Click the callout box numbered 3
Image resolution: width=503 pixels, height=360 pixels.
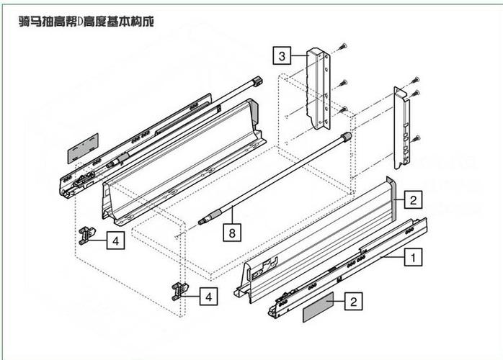click(282, 55)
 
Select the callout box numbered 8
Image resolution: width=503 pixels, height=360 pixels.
click(232, 232)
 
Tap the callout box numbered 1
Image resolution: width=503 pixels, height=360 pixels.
click(413, 257)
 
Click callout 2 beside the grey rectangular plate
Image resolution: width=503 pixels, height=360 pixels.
click(354, 301)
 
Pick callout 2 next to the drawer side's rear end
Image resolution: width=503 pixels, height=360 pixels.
click(413, 199)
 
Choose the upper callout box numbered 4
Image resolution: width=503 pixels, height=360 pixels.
click(116, 240)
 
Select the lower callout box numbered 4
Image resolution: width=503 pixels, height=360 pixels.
click(208, 296)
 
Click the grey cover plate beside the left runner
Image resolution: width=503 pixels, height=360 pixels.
click(83, 148)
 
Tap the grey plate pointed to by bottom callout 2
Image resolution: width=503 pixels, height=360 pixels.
click(319, 307)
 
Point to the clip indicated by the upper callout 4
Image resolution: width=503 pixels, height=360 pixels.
click(87, 235)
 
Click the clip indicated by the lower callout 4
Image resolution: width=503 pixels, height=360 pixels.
click(179, 291)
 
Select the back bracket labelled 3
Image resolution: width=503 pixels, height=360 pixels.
click(319, 89)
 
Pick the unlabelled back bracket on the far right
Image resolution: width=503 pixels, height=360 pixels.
click(401, 127)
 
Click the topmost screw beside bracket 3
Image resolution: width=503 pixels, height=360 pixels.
click(343, 47)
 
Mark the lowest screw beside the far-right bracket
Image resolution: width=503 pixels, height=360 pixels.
click(416, 138)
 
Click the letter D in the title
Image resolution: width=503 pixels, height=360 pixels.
click(80, 22)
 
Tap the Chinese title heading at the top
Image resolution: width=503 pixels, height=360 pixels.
click(86, 22)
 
